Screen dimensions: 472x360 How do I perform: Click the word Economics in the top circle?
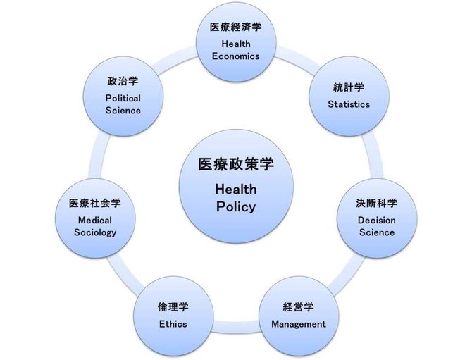pos(236,56)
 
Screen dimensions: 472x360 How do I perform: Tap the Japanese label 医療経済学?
pos(236,27)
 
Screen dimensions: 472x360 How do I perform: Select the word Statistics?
pos(349,104)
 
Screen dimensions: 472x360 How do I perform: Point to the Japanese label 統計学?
pos(349,87)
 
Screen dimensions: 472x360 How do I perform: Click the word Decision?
pos(377,221)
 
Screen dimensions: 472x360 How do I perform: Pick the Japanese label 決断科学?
pos(377,203)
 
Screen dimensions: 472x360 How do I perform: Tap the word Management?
pos(299,324)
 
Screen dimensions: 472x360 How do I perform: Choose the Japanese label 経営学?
pos(299,307)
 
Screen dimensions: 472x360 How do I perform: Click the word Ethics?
pos(173,324)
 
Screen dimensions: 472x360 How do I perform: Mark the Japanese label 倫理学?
pos(173,307)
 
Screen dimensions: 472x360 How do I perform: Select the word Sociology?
pos(95,232)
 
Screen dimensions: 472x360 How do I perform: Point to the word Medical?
pos(95,221)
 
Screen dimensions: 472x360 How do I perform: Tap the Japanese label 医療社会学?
pos(95,203)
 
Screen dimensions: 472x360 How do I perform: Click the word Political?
pos(123,99)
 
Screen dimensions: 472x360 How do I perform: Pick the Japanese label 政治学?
pos(123,81)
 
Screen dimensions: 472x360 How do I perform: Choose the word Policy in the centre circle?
pos(236,207)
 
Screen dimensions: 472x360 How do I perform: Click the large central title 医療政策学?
pos(236,164)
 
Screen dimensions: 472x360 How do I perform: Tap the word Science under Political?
pos(123,111)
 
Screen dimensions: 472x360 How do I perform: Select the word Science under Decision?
pos(377,232)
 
